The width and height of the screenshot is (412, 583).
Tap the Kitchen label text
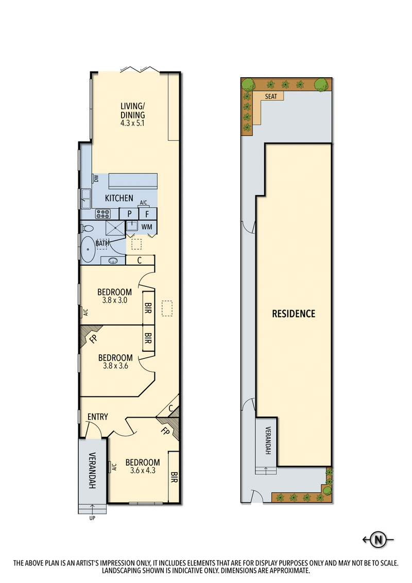[119, 198]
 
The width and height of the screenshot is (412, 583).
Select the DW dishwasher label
[96, 179]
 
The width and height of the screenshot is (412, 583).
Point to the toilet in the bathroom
[87, 228]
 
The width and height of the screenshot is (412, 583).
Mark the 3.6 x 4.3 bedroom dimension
[142, 470]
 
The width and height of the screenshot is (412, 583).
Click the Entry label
[97, 417]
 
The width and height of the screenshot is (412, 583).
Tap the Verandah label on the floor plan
[92, 470]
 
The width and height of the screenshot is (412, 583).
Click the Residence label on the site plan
[294, 313]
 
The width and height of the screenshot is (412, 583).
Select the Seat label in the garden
[270, 96]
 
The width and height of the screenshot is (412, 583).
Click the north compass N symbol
[379, 540]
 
